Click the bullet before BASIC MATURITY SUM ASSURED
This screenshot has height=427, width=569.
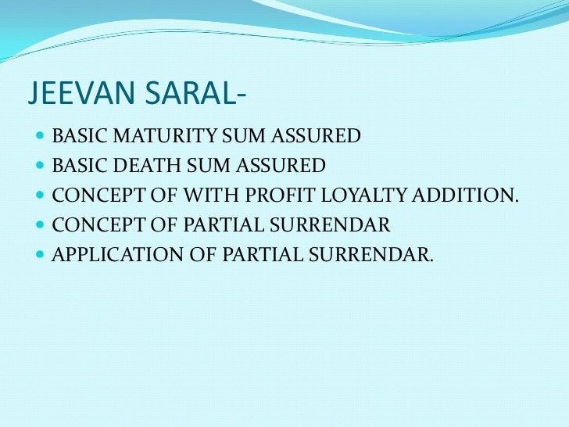[40, 137]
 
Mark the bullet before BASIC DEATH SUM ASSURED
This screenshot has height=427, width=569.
[40, 167]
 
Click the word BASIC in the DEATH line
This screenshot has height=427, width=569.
[77, 167]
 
